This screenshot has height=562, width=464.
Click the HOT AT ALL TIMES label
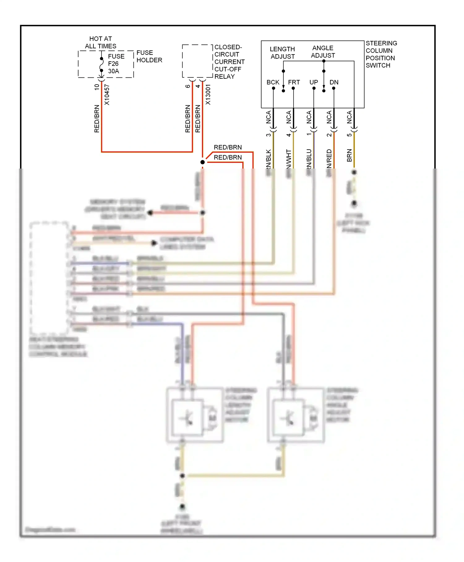pos(101,42)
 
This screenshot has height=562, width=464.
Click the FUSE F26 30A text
pos(116,64)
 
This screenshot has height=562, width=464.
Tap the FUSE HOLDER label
pos(149,56)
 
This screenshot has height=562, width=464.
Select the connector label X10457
pos(107,94)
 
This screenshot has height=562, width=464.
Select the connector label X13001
pos(208,94)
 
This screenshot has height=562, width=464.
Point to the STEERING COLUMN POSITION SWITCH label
pos(381,54)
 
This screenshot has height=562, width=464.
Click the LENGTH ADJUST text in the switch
pos(282,53)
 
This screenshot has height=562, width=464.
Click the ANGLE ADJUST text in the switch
pos(323,52)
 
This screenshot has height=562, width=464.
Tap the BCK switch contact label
pos(273,82)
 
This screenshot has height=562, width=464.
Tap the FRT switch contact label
pos(294,82)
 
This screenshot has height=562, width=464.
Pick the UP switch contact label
pos(314,82)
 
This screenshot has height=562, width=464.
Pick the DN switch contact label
pos(334,82)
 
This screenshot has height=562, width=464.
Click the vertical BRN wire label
pos(349,155)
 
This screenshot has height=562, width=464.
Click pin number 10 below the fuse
pos(97,87)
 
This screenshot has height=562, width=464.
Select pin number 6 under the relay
pos(187,86)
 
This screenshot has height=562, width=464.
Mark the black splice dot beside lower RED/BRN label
pos(203,162)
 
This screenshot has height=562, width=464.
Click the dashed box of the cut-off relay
pos(197,61)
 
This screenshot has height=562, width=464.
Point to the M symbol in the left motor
pos(212,419)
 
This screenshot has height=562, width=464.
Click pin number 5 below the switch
pos(349,135)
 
